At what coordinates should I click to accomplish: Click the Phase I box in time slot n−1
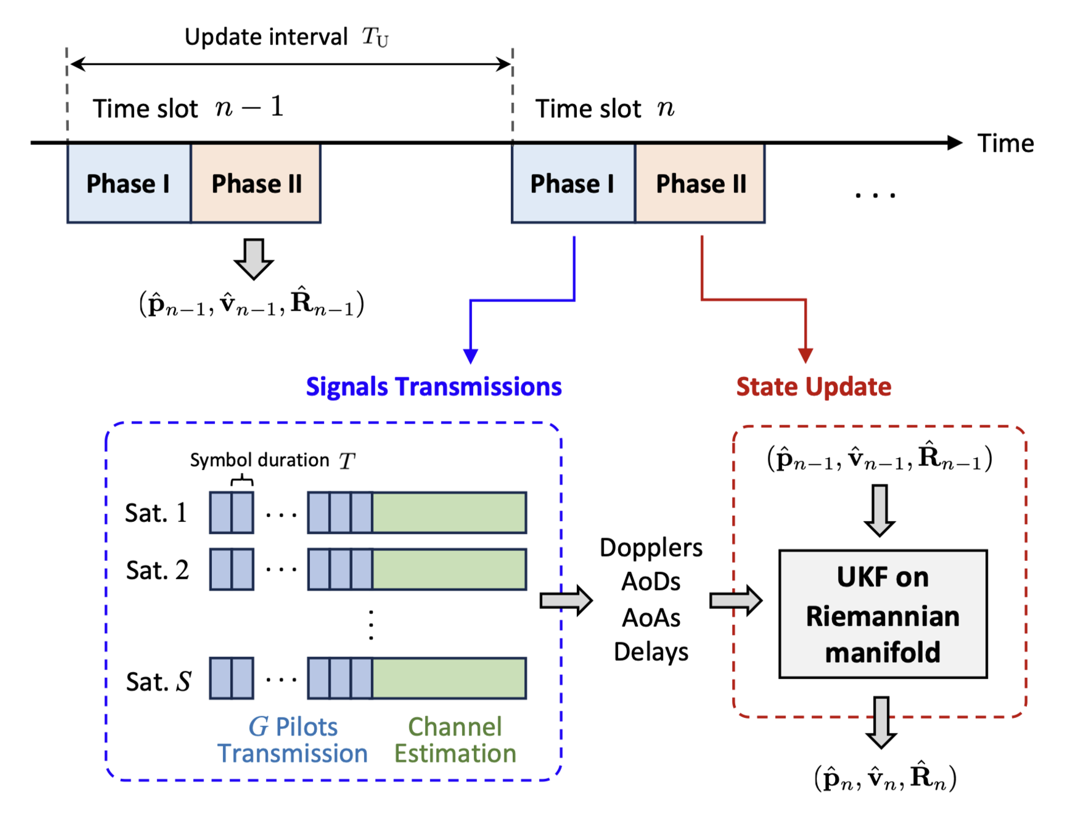tap(129, 183)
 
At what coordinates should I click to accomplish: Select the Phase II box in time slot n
tap(700, 183)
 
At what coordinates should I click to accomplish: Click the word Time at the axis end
tap(1005, 144)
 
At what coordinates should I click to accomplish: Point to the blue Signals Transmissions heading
tap(433, 387)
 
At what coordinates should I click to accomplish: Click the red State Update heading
tap(813, 387)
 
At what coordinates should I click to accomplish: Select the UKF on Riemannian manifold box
tap(883, 614)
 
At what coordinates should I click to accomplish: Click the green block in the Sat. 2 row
tap(449, 569)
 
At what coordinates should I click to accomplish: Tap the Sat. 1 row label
tap(156, 513)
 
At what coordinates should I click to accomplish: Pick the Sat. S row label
tap(158, 681)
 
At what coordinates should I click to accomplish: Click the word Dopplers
tap(651, 547)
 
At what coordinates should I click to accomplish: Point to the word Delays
tap(651, 652)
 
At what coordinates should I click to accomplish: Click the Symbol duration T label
tap(272, 460)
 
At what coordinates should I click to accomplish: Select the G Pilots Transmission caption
tap(292, 740)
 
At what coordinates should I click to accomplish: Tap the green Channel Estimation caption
tap(454, 740)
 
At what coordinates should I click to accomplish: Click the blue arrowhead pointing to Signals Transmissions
tap(470, 356)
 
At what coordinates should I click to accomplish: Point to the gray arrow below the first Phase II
tap(253, 259)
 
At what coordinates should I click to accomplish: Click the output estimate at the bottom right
tap(885, 778)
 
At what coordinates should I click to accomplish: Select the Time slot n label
tap(604, 108)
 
